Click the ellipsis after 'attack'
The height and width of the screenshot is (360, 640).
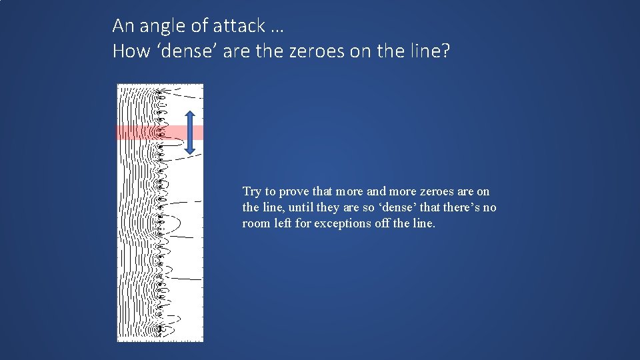click(277, 28)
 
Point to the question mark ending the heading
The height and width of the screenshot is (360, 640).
click(445, 51)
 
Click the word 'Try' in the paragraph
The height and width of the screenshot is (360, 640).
click(252, 191)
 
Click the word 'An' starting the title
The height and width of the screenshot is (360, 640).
click(124, 26)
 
